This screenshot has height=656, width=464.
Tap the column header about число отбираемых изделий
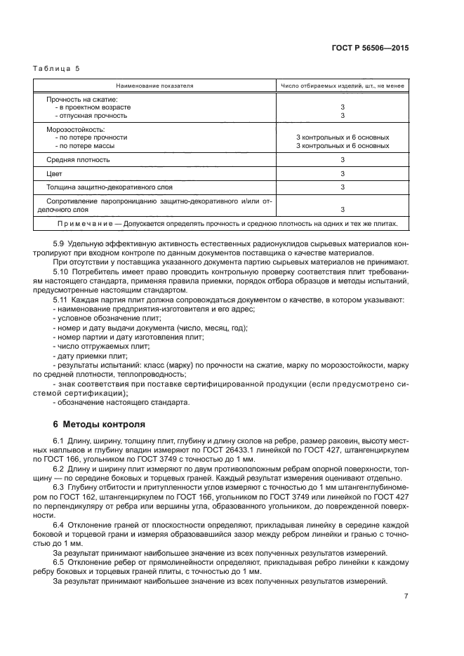[341, 86]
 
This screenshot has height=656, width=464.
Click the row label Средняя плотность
[78, 159]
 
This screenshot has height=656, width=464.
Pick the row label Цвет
[55, 173]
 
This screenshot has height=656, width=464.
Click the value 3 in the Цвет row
[342, 173]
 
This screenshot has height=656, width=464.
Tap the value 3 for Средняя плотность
[342, 159]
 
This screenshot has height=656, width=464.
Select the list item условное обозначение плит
[95, 318]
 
